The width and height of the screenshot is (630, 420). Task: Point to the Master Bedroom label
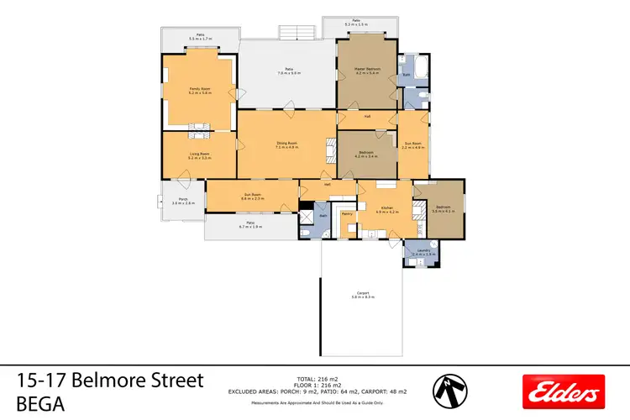click(x=368, y=70)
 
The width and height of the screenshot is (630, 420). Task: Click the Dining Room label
click(x=287, y=144)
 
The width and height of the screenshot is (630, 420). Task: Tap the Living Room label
click(x=199, y=155)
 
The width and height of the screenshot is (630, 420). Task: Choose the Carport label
click(x=363, y=294)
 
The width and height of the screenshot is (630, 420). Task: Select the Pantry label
click(x=348, y=214)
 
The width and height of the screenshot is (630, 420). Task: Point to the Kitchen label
click(x=386, y=208)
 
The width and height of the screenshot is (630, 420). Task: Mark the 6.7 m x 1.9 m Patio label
click(x=250, y=225)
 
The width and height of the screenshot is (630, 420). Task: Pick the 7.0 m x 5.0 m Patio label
click(x=289, y=71)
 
